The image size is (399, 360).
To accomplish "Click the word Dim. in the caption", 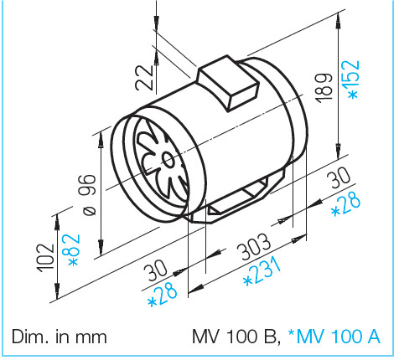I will coord(32,337).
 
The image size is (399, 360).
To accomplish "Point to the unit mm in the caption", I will coord(91,337).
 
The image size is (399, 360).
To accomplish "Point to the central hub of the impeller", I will coord(165,158).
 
